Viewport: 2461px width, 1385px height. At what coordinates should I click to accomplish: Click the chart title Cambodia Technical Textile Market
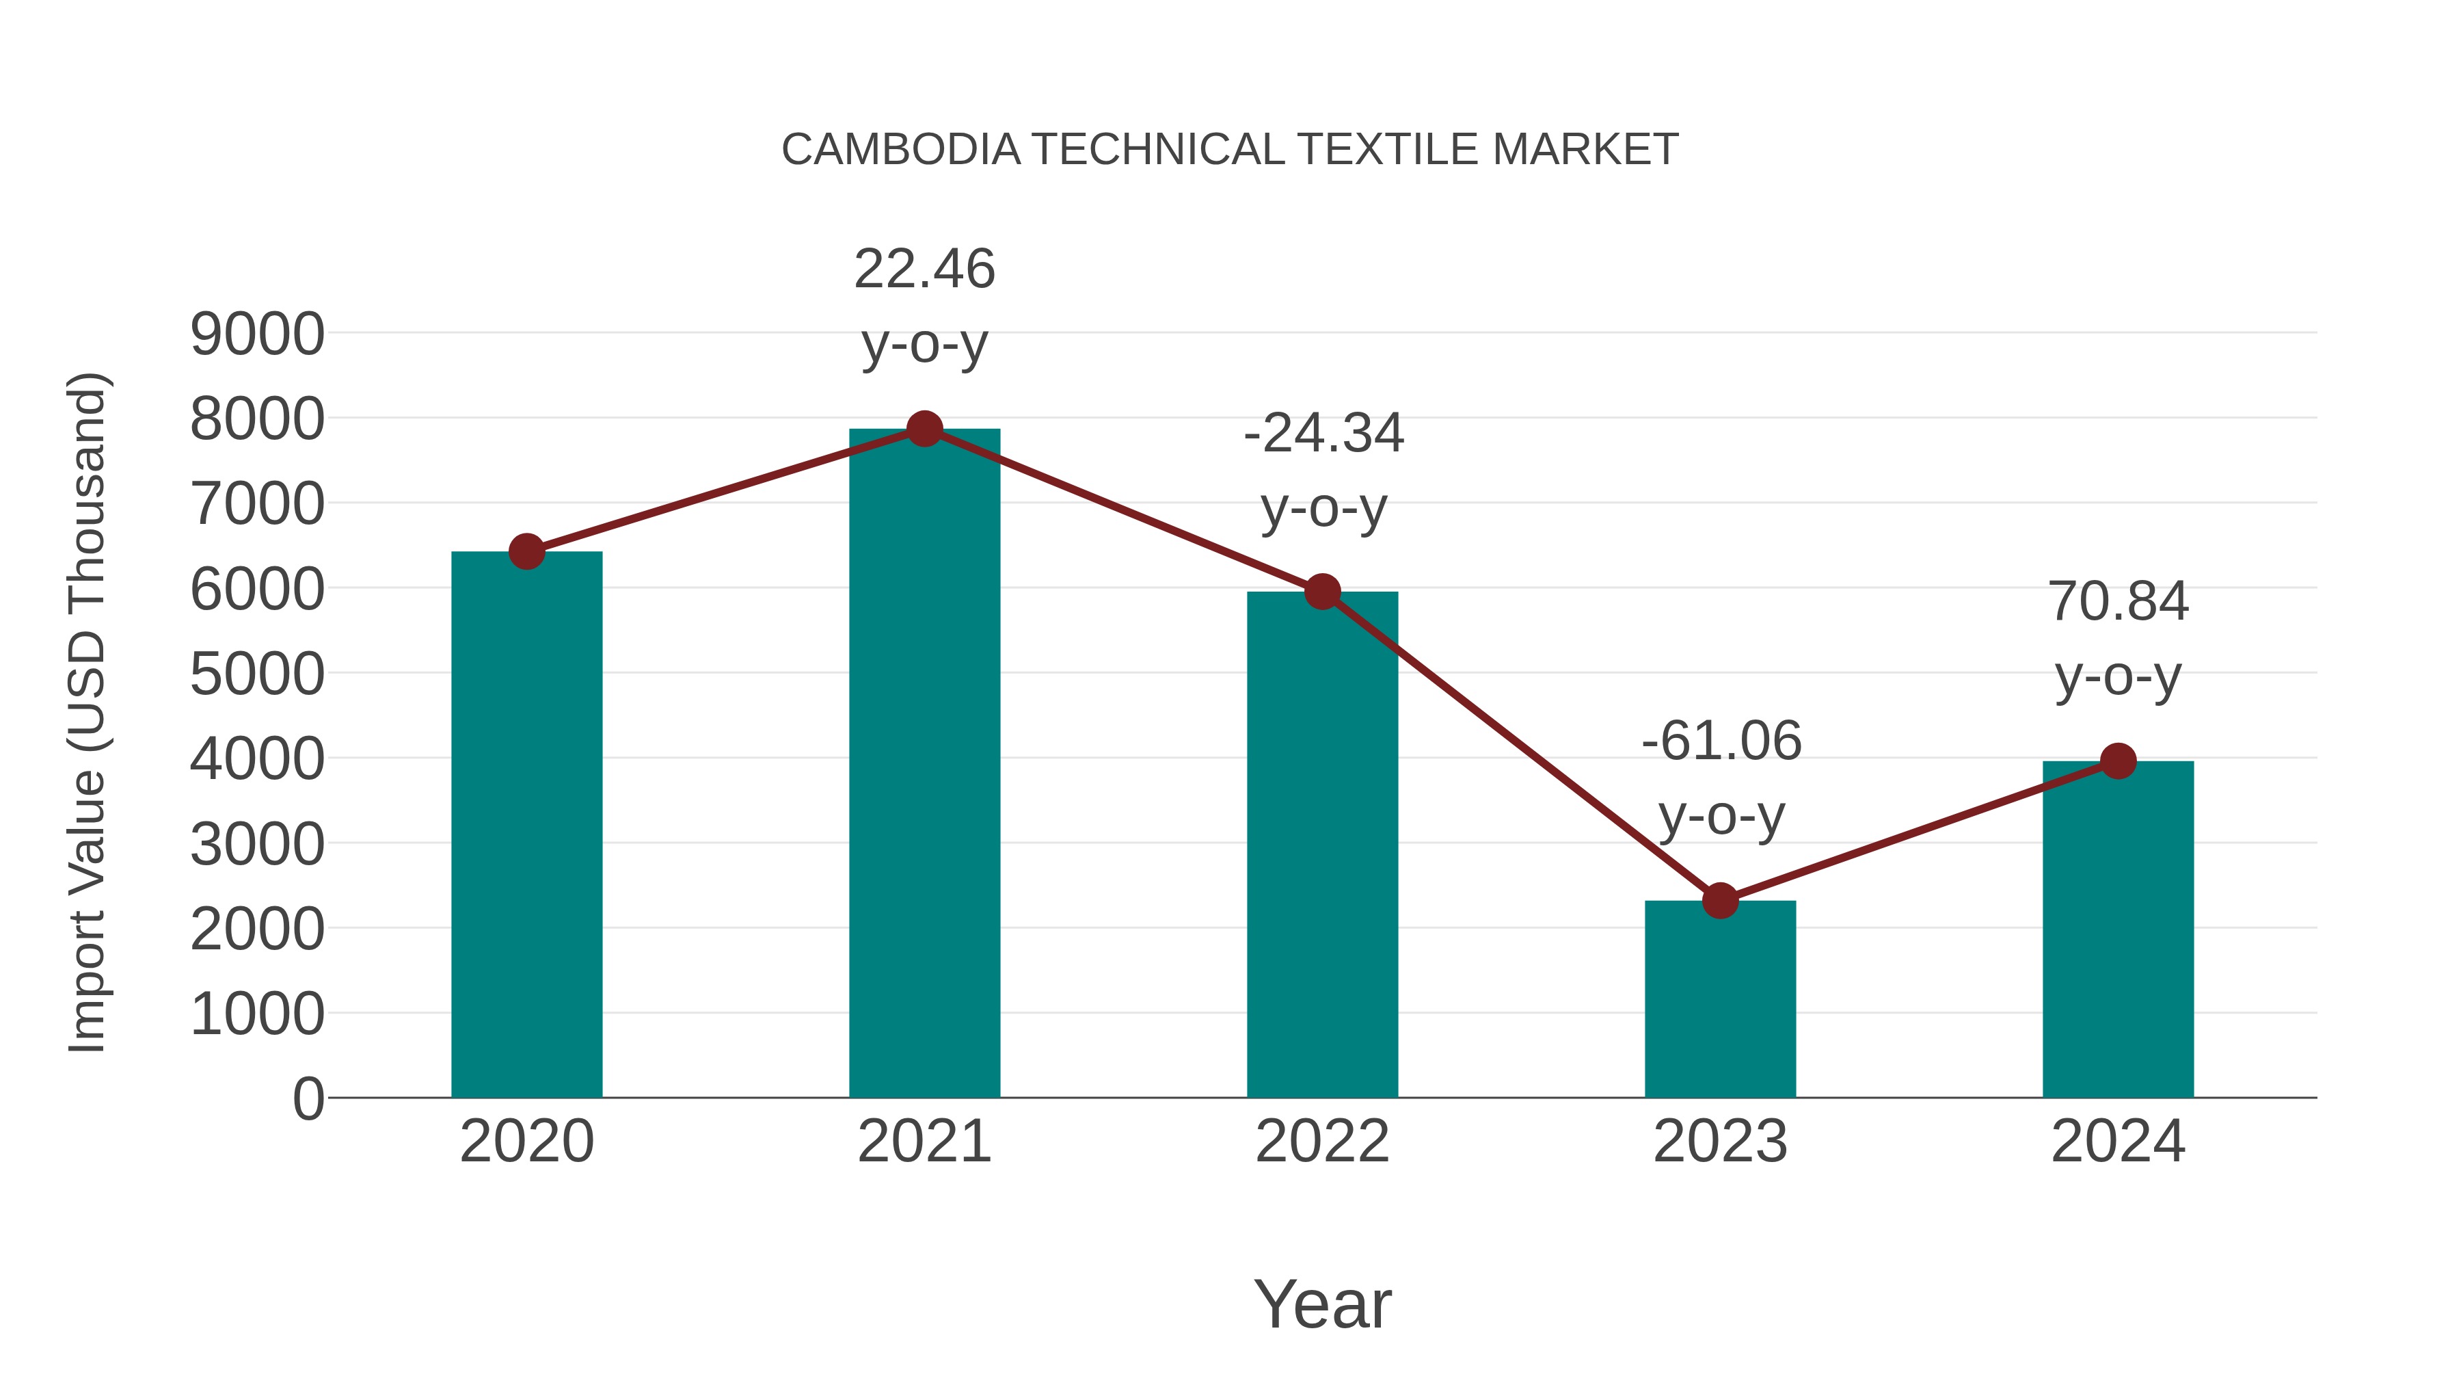click(x=1230, y=150)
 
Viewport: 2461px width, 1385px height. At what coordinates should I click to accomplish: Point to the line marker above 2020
click(x=526, y=551)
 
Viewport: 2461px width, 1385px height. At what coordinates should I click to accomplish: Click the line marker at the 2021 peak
click(x=924, y=429)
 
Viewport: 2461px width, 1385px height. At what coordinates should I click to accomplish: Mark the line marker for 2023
click(x=1720, y=900)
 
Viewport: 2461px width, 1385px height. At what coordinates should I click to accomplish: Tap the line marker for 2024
click(x=2118, y=761)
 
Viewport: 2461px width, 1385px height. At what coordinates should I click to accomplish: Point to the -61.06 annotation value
click(x=1721, y=741)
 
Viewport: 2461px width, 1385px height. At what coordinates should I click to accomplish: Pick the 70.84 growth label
click(x=2118, y=601)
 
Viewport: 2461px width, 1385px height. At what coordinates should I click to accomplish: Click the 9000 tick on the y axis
click(x=257, y=334)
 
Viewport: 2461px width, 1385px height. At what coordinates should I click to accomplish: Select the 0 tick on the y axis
click(x=308, y=1098)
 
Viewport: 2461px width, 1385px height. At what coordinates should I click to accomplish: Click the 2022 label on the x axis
click(x=1322, y=1142)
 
